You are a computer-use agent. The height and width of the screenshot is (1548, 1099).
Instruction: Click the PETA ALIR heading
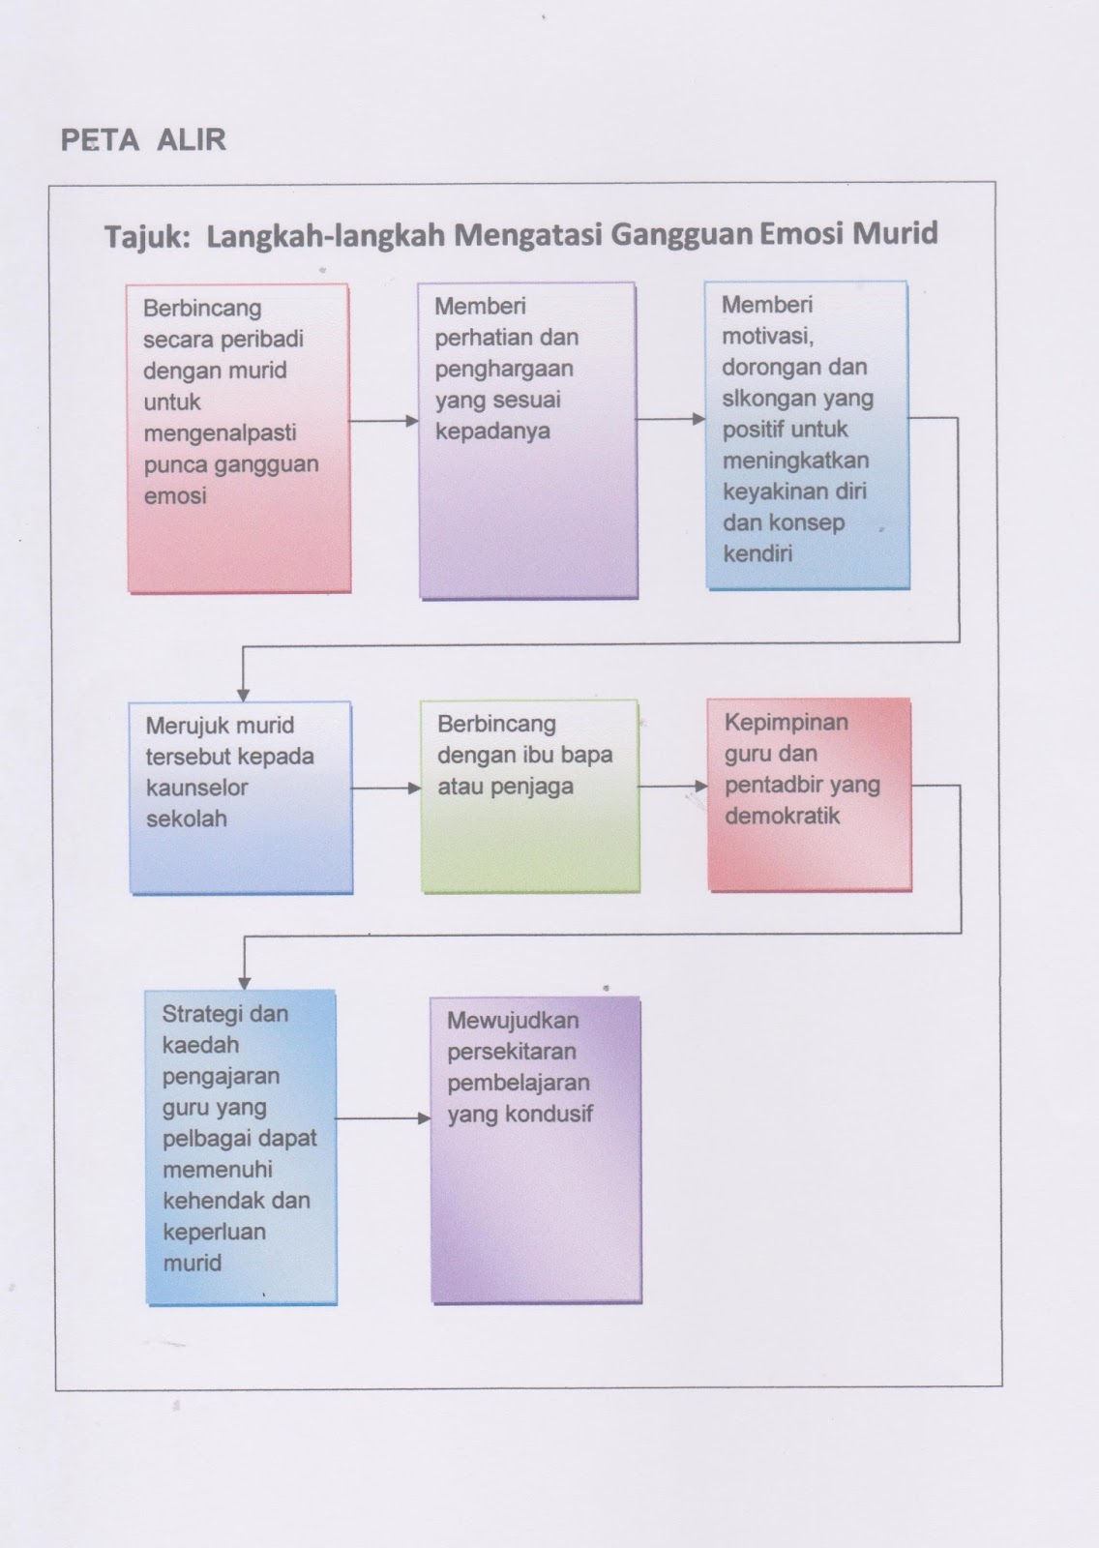coord(143,140)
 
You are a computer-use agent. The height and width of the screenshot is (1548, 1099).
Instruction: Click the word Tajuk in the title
coord(146,236)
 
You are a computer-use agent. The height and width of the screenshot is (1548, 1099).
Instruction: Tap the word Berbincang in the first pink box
coord(202,309)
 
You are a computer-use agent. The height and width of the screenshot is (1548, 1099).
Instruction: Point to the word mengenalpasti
coord(220,432)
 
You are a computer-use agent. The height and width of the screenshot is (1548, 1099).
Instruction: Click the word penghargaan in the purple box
coord(504,369)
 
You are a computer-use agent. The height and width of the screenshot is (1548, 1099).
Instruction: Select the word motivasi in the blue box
coord(767,336)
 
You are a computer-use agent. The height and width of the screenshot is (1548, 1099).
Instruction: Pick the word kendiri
coord(757,553)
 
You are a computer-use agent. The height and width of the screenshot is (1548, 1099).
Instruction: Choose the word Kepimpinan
coord(786,722)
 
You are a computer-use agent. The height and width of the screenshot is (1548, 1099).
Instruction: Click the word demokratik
coord(782,816)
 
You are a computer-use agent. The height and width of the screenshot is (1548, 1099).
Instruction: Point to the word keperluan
coord(214,1232)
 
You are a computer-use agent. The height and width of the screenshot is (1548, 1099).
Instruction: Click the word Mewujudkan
coord(513,1021)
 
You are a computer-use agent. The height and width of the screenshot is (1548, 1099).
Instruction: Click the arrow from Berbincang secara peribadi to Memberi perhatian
coord(384,421)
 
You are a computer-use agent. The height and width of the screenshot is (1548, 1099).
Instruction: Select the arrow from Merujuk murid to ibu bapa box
coord(386,788)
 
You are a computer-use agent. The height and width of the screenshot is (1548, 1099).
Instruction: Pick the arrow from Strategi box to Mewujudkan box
coord(383,1118)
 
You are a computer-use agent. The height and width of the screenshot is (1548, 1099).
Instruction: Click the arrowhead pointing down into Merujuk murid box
coord(244,694)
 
